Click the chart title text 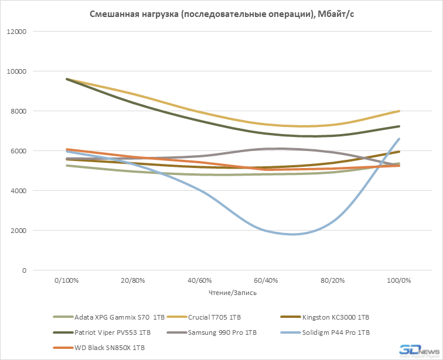pyautogui.click(x=221, y=15)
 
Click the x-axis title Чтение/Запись pyautogui.click(x=233, y=292)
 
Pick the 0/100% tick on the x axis pyautogui.click(x=66, y=281)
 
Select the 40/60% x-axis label pyautogui.click(x=199, y=281)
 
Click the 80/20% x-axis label pyautogui.click(x=332, y=281)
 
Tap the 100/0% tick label pyautogui.click(x=398, y=281)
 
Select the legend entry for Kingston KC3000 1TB pyautogui.click(x=335, y=317)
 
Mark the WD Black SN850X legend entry pyautogui.click(x=109, y=348)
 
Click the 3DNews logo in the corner pyautogui.click(x=419, y=351)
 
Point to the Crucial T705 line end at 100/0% pyautogui.click(x=399, y=111)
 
